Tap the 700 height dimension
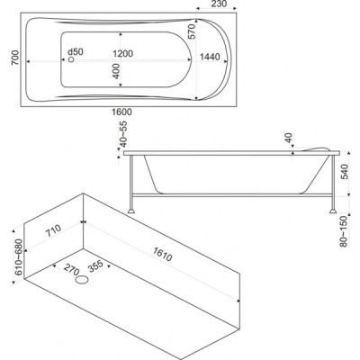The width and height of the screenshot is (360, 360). (15, 58)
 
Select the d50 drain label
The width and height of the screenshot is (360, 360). (76, 51)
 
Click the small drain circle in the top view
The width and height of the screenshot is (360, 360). (71, 59)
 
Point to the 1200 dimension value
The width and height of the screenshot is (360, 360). (123, 54)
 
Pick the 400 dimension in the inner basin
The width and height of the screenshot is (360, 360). (116, 71)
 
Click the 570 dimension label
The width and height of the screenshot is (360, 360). (192, 31)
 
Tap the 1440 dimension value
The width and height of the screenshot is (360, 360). (210, 57)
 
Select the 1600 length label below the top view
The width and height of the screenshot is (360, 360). (121, 112)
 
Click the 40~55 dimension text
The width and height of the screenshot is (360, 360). (123, 134)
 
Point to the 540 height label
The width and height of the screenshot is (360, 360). (345, 172)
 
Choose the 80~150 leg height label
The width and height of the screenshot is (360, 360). (344, 231)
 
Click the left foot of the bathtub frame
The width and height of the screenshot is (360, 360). (131, 211)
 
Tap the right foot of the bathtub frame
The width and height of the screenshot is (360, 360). (333, 211)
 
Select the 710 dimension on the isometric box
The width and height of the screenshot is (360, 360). (53, 230)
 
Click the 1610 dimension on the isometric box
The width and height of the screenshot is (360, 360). (162, 255)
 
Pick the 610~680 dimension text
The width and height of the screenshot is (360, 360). (19, 257)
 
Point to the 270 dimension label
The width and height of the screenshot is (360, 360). (71, 269)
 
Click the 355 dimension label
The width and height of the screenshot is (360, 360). (95, 265)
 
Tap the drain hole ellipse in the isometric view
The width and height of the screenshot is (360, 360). (82, 280)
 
